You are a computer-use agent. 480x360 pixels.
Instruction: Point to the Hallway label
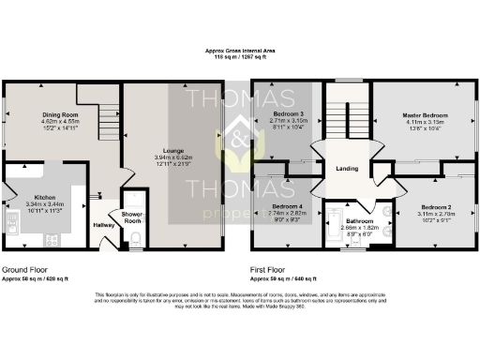[x=103, y=225]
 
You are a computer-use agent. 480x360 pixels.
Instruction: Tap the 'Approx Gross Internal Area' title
[x=239, y=51]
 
